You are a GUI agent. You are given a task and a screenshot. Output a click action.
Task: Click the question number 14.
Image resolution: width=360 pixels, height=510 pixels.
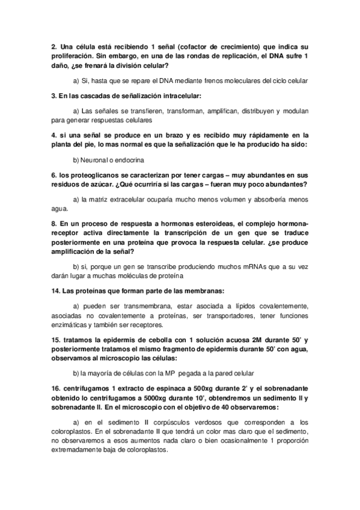[55, 291]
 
